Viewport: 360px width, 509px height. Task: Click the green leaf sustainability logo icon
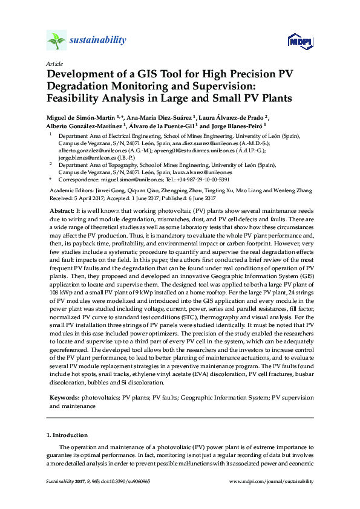point(56,41)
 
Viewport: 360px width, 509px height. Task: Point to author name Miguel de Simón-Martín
point(81,117)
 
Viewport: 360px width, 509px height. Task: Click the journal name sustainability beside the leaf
point(98,41)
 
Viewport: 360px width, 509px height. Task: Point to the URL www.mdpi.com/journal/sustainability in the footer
point(272,481)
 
